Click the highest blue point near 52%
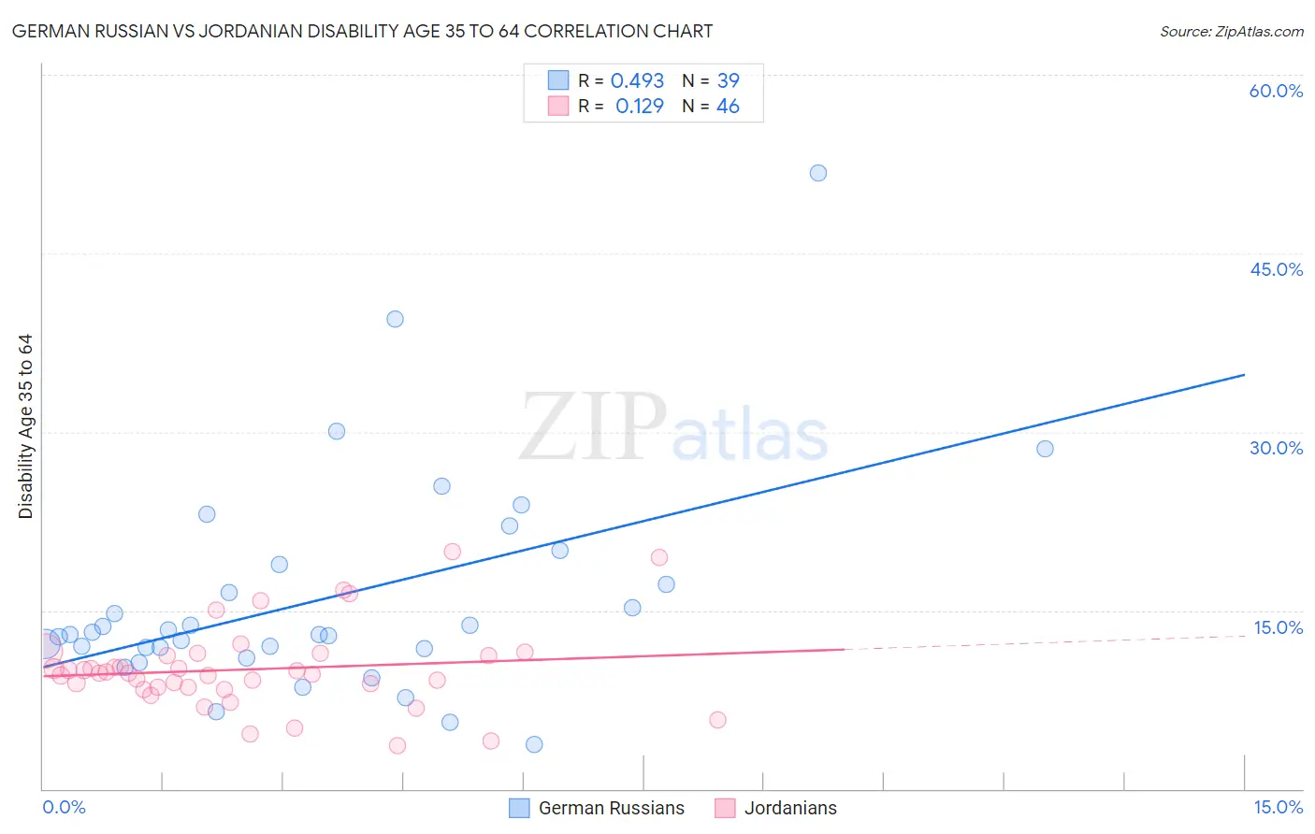(818, 173)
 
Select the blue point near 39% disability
(395, 319)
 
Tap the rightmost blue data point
(1046, 449)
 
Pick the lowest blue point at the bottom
(534, 744)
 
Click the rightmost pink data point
(717, 720)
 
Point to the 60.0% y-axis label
(1276, 91)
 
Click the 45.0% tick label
(1276, 269)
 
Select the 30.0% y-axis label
(1276, 448)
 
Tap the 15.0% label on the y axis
(1278, 627)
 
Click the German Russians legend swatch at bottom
(519, 808)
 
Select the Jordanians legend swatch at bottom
(725, 808)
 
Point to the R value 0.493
(637, 81)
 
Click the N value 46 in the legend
(728, 107)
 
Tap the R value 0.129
(640, 107)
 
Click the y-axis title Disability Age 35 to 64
(25, 426)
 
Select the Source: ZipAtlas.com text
(1232, 32)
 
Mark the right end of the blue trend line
(1244, 375)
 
